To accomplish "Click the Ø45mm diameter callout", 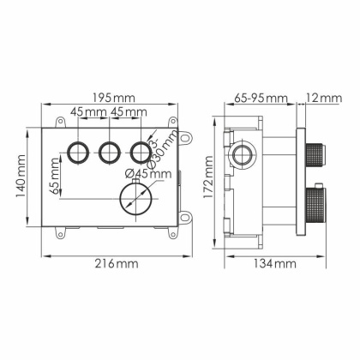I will [x=149, y=173].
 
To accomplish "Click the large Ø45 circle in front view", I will [x=134, y=199].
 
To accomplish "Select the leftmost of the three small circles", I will [x=76, y=153].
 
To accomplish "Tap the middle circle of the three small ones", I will [x=108, y=153].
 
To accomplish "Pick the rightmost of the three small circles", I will [x=140, y=153].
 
